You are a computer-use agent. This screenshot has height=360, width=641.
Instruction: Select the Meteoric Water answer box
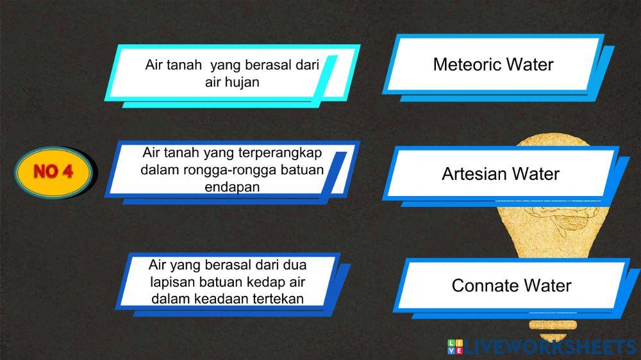pyautogui.click(x=493, y=64)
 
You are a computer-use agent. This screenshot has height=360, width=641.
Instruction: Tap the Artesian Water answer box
pyautogui.click(x=501, y=174)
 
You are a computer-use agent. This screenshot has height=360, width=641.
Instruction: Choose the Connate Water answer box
pyautogui.click(x=511, y=285)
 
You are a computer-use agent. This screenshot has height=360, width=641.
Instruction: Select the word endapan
pyautogui.click(x=231, y=187)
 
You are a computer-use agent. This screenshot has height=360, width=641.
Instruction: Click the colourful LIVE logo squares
pyautogui.click(x=454, y=348)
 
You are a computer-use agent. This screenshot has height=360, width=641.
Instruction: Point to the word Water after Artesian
pyautogui.click(x=536, y=174)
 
